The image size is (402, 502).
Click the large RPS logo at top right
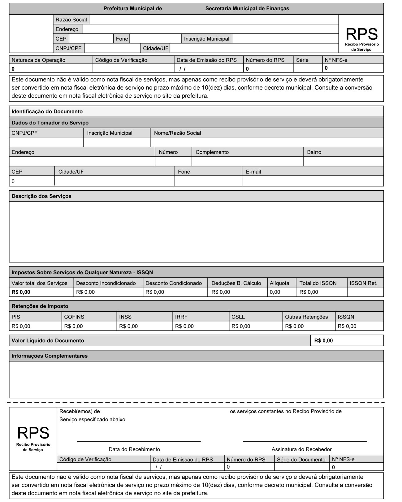[x=361, y=34]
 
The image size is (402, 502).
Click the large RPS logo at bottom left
[x=33, y=433]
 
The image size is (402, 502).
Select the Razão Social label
[x=71, y=20]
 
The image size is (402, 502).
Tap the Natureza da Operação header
[x=38, y=60]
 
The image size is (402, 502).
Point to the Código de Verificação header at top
[x=121, y=60]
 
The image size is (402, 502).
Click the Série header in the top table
[x=302, y=60]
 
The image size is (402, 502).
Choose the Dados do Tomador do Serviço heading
[x=50, y=123]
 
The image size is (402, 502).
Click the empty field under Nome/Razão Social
[x=266, y=142]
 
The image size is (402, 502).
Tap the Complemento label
[x=212, y=152]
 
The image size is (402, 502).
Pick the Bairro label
[x=314, y=152]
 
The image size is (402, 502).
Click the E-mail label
[x=253, y=172]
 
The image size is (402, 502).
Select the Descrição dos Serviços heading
[x=41, y=196]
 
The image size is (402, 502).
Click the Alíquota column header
[x=279, y=283]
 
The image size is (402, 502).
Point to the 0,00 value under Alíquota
[x=275, y=292]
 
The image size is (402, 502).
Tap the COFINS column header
[x=74, y=317]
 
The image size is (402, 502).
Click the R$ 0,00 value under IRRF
[x=184, y=326]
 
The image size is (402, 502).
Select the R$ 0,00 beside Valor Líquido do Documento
[x=323, y=341]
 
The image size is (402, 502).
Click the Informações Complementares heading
[x=50, y=356]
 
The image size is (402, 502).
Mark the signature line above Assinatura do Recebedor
[x=305, y=441]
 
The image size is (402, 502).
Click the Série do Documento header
[x=301, y=460]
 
